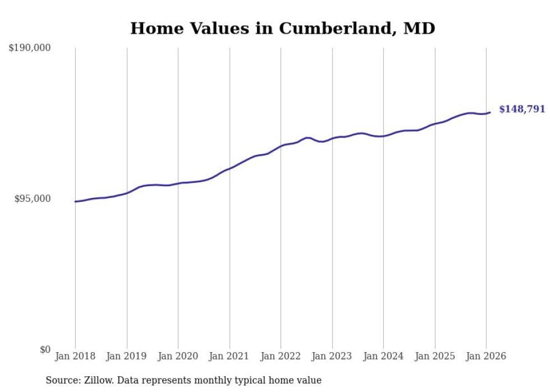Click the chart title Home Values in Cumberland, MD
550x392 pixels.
point(282,28)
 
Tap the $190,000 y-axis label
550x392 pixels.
point(30,48)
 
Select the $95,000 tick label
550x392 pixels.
point(32,199)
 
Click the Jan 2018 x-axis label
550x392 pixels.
point(75,356)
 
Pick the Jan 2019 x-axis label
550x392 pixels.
point(127,356)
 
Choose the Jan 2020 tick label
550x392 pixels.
point(178,356)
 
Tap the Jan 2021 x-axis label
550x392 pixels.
point(230,356)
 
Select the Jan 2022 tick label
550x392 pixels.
point(281,356)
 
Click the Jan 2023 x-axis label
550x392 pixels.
point(332,356)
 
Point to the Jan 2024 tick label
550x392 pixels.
point(383,356)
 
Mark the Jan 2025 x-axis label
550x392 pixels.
point(435,356)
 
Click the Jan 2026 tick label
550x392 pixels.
point(486,356)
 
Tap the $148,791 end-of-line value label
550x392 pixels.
point(522,109)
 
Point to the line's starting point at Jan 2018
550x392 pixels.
point(75,201)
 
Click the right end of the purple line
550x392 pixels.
point(490,113)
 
